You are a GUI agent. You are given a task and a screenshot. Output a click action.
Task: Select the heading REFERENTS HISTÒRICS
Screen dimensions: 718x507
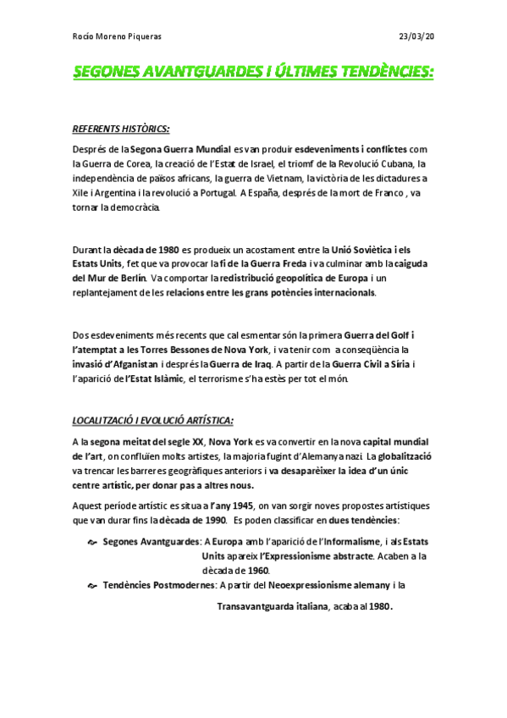121,130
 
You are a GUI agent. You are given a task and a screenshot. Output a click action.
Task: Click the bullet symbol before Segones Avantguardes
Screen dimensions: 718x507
93,543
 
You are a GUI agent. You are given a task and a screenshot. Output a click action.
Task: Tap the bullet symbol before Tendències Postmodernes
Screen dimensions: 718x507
93,585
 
